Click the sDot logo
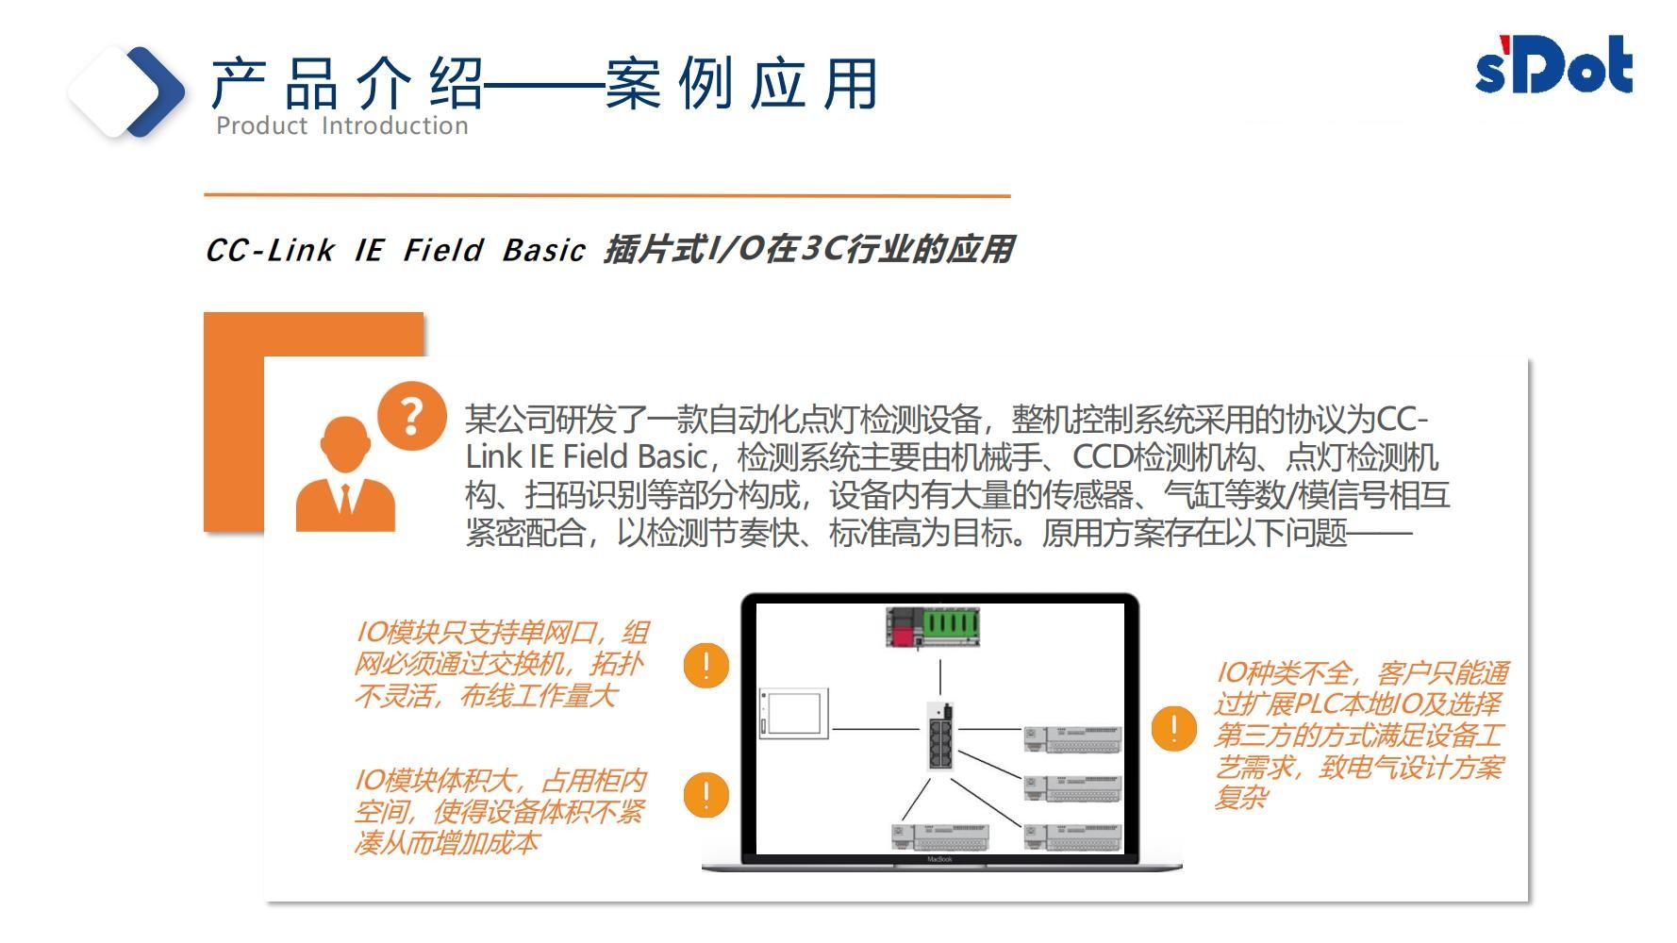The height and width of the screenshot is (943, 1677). (1553, 65)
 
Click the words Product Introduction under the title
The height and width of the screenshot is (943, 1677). (341, 125)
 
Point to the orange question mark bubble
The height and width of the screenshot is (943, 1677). (411, 416)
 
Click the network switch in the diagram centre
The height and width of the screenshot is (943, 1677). (939, 736)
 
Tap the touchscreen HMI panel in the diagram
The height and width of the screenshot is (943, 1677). (793, 714)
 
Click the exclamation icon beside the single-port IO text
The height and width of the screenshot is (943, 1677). (706, 666)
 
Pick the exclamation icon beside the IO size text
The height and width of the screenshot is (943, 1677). (706, 794)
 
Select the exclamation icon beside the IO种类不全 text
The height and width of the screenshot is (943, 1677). (1173, 729)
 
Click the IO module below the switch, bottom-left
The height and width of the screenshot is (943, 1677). (940, 836)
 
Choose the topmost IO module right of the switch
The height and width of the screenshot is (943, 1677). (1072, 738)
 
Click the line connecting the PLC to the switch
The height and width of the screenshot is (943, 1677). (940, 677)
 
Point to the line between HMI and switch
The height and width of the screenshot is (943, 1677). (876, 729)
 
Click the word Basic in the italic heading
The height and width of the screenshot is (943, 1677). (543, 251)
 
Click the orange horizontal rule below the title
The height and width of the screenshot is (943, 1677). (606, 195)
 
